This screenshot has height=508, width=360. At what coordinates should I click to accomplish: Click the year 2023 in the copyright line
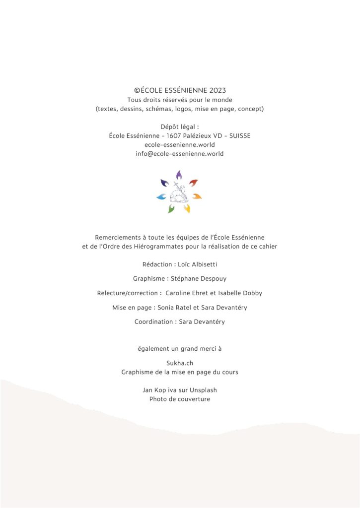218,90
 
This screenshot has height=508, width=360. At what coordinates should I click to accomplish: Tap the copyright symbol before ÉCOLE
137,90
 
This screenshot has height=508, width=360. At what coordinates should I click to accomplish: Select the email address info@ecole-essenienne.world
180,154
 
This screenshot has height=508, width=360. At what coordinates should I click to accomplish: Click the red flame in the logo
194,183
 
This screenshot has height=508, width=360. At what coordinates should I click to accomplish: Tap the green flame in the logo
171,209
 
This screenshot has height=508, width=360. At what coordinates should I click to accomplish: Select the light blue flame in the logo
161,197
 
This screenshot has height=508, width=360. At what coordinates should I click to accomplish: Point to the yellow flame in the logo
187,209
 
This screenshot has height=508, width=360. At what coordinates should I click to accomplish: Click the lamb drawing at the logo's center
179,194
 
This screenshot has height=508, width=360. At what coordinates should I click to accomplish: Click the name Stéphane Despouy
199,279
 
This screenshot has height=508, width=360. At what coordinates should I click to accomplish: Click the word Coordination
154,322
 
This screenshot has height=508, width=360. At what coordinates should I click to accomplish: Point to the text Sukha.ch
180,363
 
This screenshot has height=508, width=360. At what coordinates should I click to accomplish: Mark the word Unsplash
203,390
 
